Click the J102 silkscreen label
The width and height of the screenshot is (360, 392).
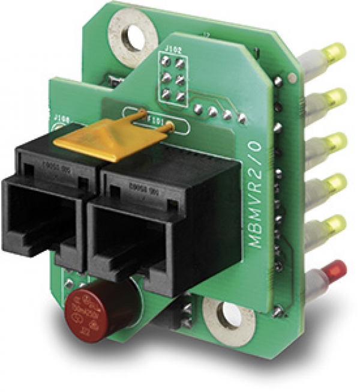coord(174,52)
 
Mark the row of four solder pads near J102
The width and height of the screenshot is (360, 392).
coord(220,113)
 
